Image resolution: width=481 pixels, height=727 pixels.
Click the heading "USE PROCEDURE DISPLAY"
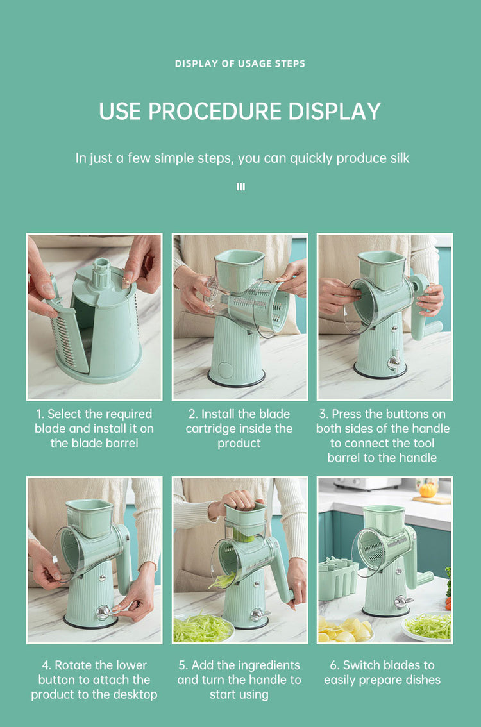(x=240, y=112)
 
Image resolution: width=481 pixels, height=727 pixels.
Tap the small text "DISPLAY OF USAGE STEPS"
(x=240, y=63)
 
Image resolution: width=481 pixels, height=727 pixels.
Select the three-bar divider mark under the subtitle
(x=240, y=187)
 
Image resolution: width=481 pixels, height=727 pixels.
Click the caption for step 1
(x=94, y=428)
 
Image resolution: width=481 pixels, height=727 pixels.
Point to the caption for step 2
(x=239, y=428)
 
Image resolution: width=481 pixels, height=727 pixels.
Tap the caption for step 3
(x=383, y=436)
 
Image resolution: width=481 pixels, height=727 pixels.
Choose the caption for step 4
(x=94, y=680)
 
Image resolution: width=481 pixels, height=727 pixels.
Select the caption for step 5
(x=239, y=680)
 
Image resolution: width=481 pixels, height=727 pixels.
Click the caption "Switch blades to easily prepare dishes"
(x=382, y=673)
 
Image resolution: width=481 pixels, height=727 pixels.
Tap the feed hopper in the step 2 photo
(x=239, y=270)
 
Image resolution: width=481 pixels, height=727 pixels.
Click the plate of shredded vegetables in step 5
(x=203, y=628)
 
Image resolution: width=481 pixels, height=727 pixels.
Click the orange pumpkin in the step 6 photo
(x=428, y=490)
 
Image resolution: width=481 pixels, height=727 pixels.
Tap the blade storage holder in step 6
(x=338, y=579)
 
